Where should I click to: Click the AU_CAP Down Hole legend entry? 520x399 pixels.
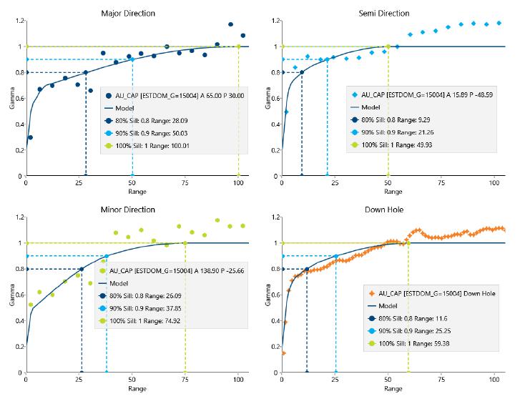440,293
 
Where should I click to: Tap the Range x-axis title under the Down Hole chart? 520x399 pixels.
393,390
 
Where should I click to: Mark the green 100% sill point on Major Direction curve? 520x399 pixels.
238,46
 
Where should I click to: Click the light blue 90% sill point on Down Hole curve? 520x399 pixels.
335,256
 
